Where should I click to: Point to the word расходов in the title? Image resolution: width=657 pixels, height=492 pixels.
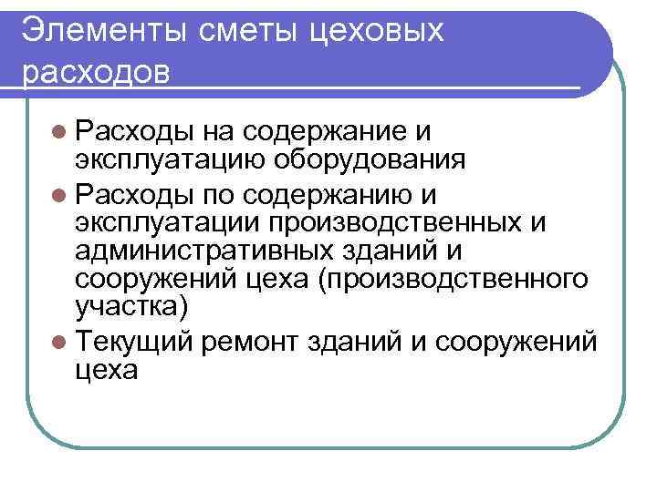[x=95, y=71]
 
